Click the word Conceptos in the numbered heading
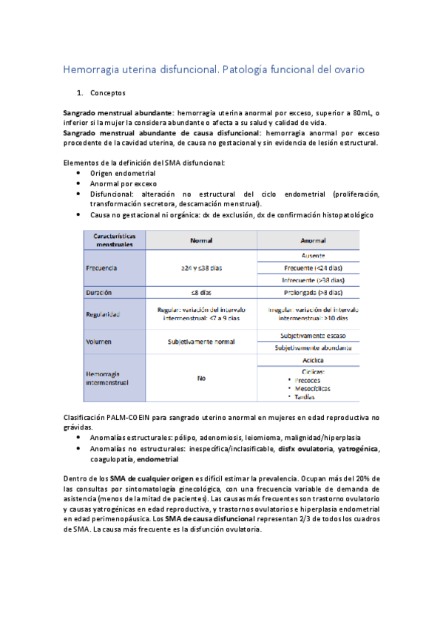(x=108, y=94)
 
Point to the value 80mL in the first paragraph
(x=361, y=112)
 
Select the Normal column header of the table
(x=201, y=241)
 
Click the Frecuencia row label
(x=102, y=268)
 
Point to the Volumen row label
(x=100, y=342)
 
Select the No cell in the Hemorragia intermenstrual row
(x=201, y=379)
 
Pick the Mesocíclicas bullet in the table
(x=312, y=388)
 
